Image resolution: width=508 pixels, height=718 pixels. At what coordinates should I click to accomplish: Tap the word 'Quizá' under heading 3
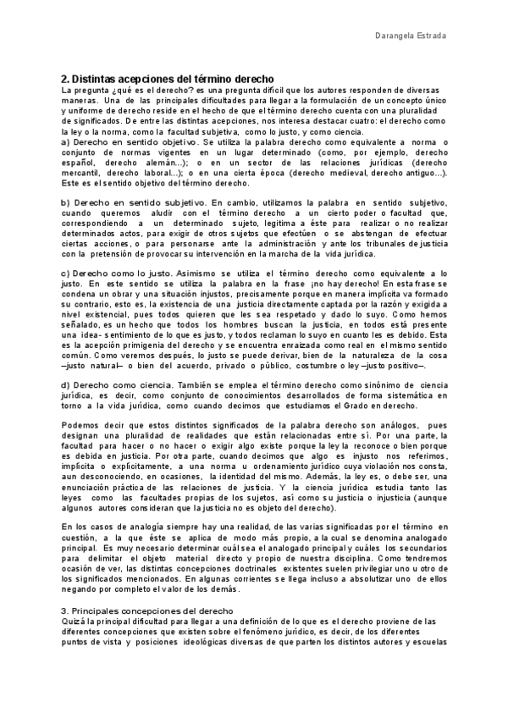[75, 621]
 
